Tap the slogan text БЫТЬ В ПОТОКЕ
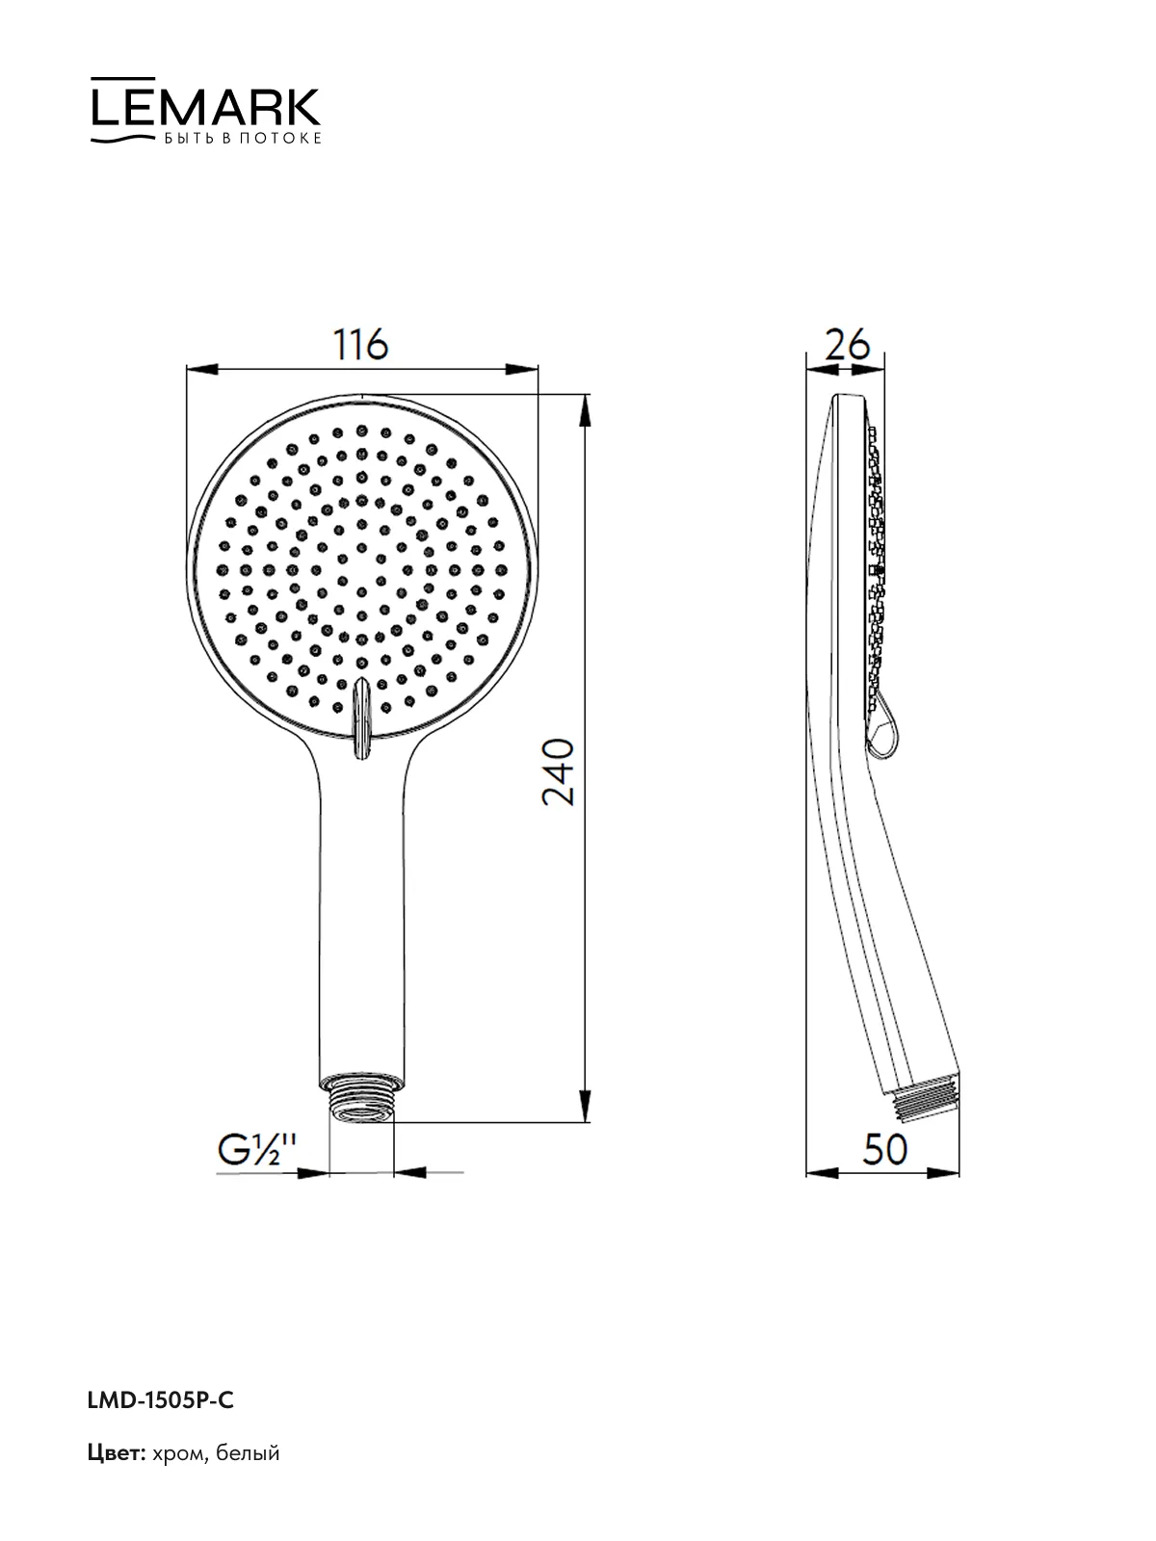point(243,139)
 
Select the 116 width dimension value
point(360,344)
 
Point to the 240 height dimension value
point(559,770)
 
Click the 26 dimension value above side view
point(847,344)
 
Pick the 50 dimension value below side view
point(884,1149)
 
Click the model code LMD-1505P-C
point(161,1400)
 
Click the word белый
point(248,1452)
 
